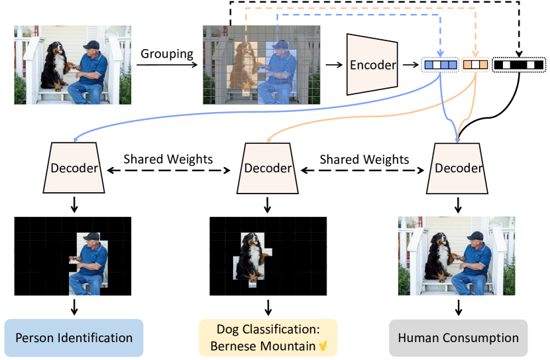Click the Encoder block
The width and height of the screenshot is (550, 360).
coord(372,64)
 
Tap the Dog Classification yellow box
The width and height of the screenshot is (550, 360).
coord(268,338)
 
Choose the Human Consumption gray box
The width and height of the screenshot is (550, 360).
coord(458,338)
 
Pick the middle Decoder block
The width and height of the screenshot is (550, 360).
coord(268,168)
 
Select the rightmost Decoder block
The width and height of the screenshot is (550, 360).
coord(458,168)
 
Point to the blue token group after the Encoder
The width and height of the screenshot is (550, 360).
coord(440,65)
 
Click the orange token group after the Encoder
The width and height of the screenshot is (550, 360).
coord(475,65)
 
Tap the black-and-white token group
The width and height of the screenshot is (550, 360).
coord(519,65)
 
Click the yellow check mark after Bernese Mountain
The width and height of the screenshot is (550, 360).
coord(323,346)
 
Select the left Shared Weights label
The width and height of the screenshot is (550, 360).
coord(168,160)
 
